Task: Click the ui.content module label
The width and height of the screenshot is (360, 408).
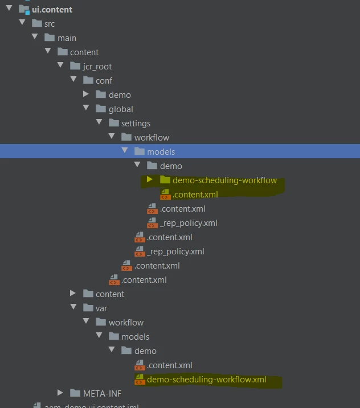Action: click(52, 9)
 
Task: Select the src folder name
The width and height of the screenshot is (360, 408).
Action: click(50, 23)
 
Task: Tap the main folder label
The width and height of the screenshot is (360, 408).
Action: click(67, 38)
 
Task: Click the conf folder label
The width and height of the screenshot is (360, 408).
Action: click(104, 80)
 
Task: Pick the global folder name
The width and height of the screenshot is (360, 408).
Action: click(121, 109)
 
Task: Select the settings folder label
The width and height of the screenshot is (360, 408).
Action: click(136, 123)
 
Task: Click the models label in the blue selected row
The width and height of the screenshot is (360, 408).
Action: click(161, 151)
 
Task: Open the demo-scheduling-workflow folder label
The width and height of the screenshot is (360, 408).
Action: click(224, 180)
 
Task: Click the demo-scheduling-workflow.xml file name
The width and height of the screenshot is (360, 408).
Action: click(206, 380)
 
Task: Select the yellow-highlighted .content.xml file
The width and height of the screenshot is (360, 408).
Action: click(195, 195)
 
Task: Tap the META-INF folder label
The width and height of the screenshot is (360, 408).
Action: click(102, 393)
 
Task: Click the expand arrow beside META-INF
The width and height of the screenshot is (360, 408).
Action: click(60, 393)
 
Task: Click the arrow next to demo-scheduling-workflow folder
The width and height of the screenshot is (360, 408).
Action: click(150, 180)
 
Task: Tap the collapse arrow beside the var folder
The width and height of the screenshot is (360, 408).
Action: click(73, 308)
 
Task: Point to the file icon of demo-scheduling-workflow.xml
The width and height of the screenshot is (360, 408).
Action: click(140, 380)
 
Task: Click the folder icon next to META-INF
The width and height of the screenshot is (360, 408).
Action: click(75, 393)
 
